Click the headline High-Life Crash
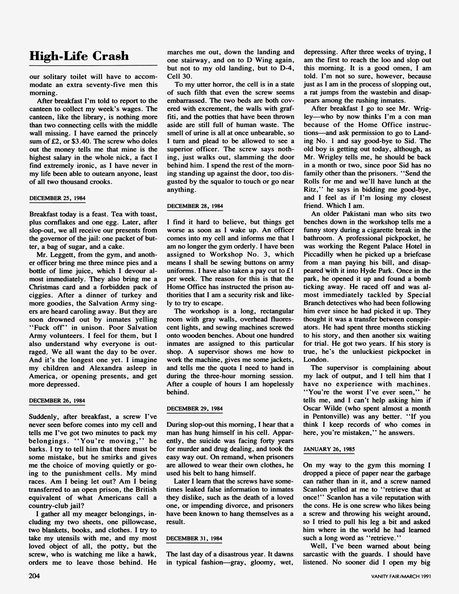[79, 56]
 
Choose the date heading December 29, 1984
[195, 409]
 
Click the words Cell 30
[180, 76]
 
